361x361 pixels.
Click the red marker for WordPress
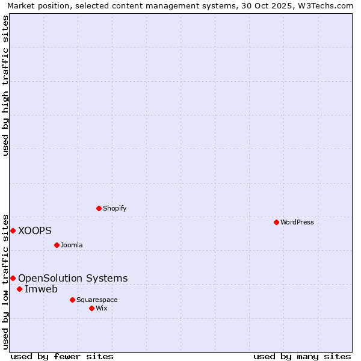276,222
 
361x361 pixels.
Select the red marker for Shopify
99,208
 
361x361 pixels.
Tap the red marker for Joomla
57,245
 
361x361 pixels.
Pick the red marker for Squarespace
72,300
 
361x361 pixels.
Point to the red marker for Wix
91,308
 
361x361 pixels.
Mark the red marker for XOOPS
13,230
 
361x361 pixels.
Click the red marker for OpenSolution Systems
13,278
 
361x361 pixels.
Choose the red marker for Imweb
19,289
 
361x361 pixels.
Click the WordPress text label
297,222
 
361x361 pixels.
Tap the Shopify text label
114,208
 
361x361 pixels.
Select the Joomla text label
72,245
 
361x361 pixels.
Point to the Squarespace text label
97,300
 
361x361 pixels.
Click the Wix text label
101,308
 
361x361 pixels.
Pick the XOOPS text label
35,230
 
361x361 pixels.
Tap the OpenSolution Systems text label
73,278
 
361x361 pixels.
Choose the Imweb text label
41,289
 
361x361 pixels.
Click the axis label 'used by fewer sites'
62,356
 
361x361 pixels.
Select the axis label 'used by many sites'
302,356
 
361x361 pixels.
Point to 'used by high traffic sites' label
6,85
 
